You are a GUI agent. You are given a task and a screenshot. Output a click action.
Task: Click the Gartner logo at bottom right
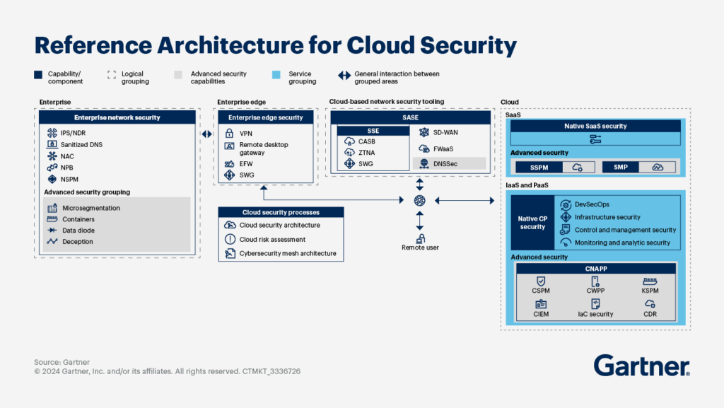[641, 366]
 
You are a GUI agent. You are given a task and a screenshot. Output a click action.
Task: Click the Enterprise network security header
[117, 117]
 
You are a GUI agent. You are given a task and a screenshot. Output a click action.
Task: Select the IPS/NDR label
[73, 133]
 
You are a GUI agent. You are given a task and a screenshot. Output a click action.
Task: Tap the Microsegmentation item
[90, 208]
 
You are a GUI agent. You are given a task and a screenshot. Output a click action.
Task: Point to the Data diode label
[78, 231]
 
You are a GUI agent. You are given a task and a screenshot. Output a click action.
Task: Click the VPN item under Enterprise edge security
[245, 133]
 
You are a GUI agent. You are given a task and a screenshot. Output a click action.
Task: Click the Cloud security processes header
[281, 212]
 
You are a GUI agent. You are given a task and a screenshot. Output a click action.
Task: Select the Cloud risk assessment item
[273, 239]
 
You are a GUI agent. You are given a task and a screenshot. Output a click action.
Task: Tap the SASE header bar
[411, 117]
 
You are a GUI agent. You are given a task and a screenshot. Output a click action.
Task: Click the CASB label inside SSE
[366, 141]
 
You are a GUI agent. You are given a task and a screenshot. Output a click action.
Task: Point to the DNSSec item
[445, 163]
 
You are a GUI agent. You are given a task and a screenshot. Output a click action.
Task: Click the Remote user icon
[420, 239]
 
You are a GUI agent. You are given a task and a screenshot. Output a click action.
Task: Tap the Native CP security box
[532, 222]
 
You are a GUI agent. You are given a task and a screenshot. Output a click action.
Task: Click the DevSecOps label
[592, 204]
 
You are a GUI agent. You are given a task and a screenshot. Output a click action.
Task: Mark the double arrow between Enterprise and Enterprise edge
[206, 134]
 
